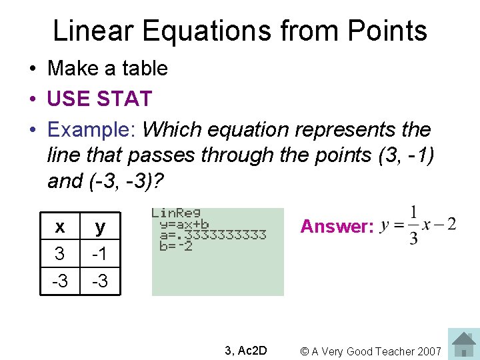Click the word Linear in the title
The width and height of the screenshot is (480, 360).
tap(93, 31)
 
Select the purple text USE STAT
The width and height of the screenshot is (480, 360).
tap(99, 99)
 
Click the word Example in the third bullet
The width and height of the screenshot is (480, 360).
tap(91, 129)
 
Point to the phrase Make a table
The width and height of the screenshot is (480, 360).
tap(107, 68)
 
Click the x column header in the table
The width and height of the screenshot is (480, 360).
tap(60, 227)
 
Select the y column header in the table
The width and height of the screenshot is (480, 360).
tap(100, 227)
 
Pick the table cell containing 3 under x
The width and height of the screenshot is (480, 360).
tap(60, 254)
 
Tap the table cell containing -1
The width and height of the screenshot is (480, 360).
tap(100, 254)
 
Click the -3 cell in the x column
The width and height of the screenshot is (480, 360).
tap(60, 281)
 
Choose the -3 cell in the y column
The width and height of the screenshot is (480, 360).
tap(100, 281)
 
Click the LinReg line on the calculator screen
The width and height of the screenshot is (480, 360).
tap(176, 213)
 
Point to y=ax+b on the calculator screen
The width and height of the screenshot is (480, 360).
tap(184, 224)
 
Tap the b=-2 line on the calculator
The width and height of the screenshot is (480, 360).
tap(176, 245)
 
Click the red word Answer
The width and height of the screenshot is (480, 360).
tap(337, 227)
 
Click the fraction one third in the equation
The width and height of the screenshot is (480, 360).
tap(413, 225)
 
